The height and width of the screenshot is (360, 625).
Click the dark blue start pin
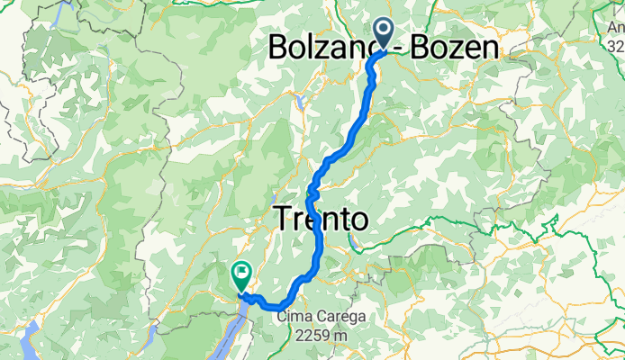382,33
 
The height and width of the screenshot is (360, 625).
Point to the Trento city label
321,219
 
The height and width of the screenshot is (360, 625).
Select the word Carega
338,318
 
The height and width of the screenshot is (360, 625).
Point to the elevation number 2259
312,335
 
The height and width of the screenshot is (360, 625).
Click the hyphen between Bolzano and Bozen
376,47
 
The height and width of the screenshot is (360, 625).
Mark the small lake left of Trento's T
272,199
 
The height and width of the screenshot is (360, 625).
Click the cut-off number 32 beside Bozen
616,45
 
